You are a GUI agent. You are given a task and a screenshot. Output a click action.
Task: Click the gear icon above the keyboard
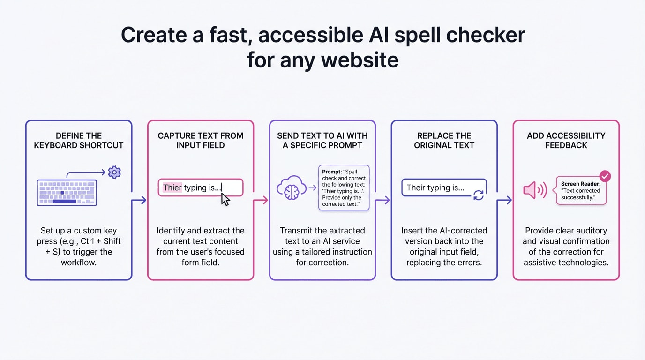point(114,172)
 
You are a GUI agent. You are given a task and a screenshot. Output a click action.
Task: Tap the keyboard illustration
point(67,193)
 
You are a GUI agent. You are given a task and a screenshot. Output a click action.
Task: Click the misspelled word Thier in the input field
point(172,187)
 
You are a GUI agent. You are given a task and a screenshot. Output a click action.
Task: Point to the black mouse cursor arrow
point(225,199)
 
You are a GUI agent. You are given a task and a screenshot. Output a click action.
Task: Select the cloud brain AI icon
point(291,188)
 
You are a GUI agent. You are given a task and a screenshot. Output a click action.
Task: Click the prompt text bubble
point(344,187)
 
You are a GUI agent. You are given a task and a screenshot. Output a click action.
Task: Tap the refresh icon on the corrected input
point(478,195)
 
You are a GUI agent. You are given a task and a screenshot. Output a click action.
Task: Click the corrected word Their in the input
point(416,187)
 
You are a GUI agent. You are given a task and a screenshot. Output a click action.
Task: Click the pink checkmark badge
point(605,176)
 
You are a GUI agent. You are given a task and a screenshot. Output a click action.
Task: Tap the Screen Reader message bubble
point(581,191)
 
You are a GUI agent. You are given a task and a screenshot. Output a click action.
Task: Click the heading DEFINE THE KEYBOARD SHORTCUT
point(79,141)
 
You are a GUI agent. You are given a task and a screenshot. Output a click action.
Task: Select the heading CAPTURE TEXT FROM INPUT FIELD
point(201,141)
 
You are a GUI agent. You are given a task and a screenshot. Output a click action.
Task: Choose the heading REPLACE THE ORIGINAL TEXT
point(444,141)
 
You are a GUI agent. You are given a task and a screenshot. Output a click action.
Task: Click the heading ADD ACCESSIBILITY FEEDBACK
point(566,141)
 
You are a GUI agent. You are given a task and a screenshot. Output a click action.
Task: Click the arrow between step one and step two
point(139,200)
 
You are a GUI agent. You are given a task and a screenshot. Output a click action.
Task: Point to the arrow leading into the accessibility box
point(505,200)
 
